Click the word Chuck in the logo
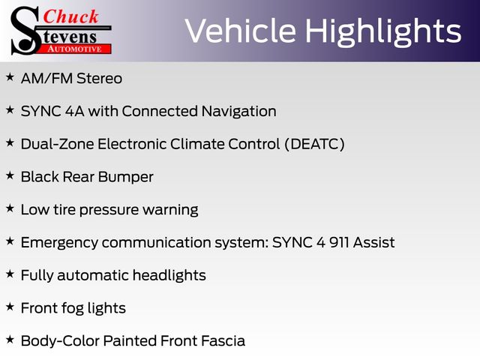pyautogui.click(x=71, y=16)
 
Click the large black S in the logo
pyautogui.click(x=25, y=31)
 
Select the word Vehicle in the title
pyautogui.click(x=241, y=31)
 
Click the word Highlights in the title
pyautogui.click(x=383, y=32)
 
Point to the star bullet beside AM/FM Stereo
pyautogui.click(x=10, y=76)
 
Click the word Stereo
pyautogui.click(x=100, y=78)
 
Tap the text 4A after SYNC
pyautogui.click(x=75, y=111)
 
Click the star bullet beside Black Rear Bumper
pyautogui.click(x=10, y=175)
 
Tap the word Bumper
pyautogui.click(x=126, y=178)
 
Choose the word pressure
pyautogui.click(x=109, y=211)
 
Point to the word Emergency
pyautogui.click(x=59, y=243)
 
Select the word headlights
pyautogui.click(x=169, y=275)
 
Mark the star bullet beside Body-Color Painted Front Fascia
pyautogui.click(x=10, y=340)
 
